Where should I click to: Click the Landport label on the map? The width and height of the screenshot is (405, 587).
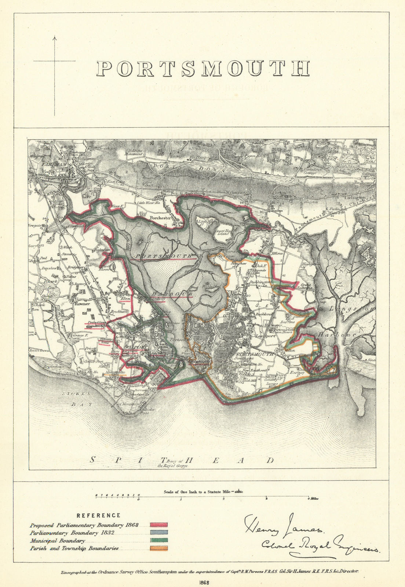[260, 335]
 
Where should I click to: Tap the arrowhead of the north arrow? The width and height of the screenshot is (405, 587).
[55, 37]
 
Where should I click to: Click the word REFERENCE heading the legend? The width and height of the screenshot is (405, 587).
[98, 515]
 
